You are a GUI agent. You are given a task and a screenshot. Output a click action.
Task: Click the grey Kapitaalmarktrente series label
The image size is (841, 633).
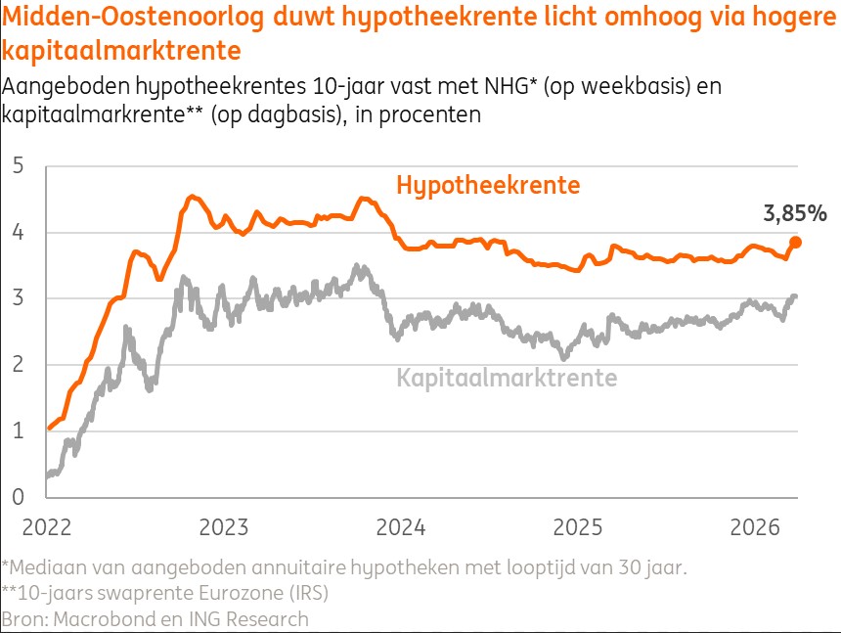pyautogui.click(x=507, y=378)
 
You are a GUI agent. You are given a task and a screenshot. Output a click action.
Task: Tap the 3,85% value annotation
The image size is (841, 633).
pyautogui.click(x=795, y=213)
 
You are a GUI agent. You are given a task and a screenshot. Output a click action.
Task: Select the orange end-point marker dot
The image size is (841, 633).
pyautogui.click(x=796, y=243)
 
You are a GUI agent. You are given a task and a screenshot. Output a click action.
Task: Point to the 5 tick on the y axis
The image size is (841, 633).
pyautogui.click(x=18, y=166)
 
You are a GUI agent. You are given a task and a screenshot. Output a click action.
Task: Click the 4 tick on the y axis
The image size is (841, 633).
pyautogui.click(x=18, y=233)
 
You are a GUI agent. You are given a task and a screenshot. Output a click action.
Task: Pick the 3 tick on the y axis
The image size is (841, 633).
pyautogui.click(x=18, y=298)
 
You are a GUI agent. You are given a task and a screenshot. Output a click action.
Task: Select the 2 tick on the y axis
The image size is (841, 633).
pyautogui.click(x=18, y=365)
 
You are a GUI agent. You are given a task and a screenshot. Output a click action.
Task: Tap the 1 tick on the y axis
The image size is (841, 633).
pyautogui.click(x=18, y=430)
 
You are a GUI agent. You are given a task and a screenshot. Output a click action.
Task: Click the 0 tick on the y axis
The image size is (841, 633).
pyautogui.click(x=18, y=497)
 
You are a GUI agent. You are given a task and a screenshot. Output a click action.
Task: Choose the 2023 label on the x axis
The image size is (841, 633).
pyautogui.click(x=223, y=527)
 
